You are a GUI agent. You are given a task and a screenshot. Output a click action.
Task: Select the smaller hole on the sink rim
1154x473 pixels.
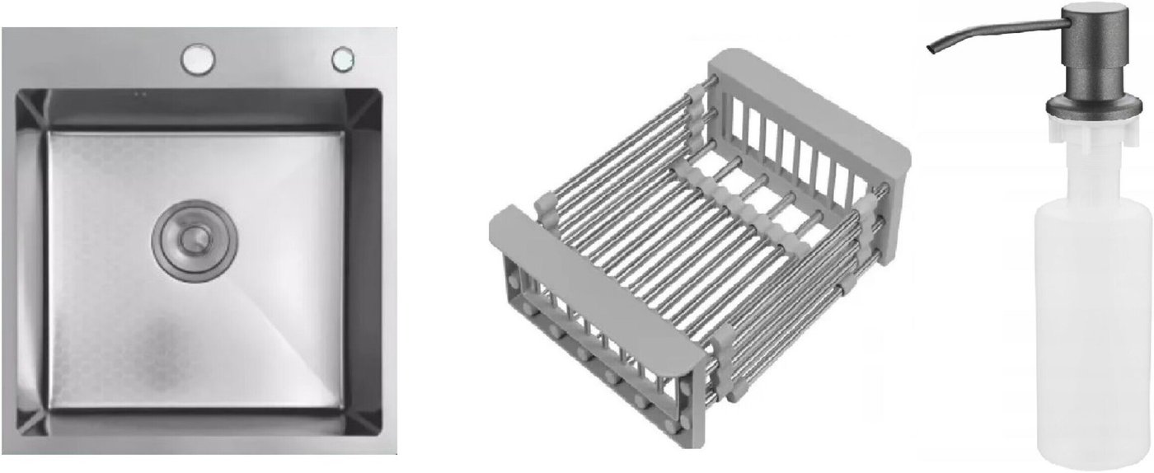point(343,59)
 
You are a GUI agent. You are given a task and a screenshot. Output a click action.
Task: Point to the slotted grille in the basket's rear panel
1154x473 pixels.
point(791,157)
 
